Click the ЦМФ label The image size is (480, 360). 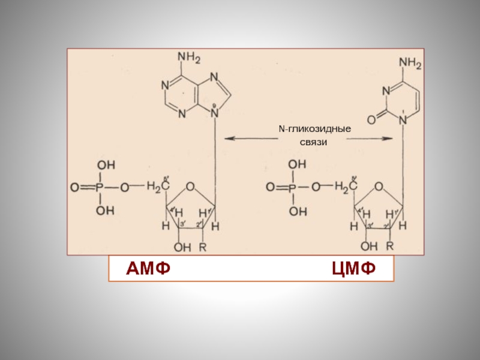[354, 268]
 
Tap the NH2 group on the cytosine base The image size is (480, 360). [410, 63]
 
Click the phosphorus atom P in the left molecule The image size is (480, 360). [101, 187]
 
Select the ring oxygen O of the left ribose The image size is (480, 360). [190, 187]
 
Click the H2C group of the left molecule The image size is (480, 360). [158, 187]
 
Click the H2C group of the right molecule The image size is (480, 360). [347, 187]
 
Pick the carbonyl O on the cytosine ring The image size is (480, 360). [371, 120]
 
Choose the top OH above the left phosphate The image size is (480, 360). [106, 164]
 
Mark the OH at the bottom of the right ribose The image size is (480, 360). [370, 246]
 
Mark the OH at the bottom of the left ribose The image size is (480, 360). [182, 246]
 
